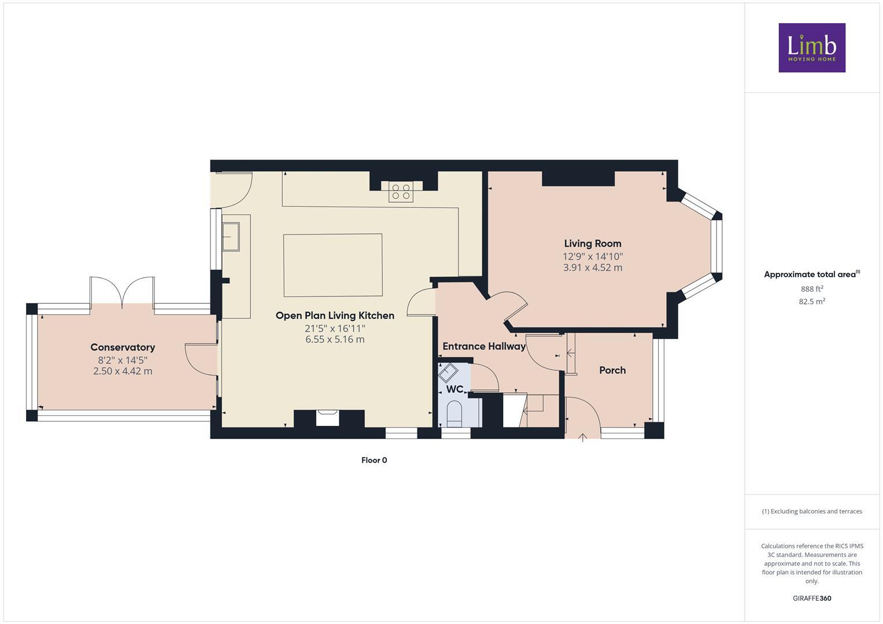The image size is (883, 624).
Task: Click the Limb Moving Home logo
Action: tap(811, 47)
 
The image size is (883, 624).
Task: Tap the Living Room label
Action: tap(592, 244)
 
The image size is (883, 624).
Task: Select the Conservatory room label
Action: tap(123, 347)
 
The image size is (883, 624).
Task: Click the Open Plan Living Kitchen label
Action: tap(335, 315)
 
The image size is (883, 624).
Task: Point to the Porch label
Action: tap(612, 370)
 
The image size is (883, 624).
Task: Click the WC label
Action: tap(455, 389)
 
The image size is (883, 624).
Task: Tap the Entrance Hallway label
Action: tap(483, 347)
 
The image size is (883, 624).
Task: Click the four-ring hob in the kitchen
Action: tap(401, 192)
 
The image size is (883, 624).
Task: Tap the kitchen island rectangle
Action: tap(332, 265)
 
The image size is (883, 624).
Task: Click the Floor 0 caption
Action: tap(374, 460)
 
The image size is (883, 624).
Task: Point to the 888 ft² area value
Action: tap(812, 289)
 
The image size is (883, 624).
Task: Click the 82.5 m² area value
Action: tap(812, 302)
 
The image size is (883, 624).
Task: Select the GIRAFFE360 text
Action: tap(812, 599)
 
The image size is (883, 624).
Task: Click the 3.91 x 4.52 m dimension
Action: tap(592, 268)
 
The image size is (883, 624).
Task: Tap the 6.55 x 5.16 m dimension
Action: tap(335, 339)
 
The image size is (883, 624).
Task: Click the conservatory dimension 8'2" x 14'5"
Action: tap(123, 359)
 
